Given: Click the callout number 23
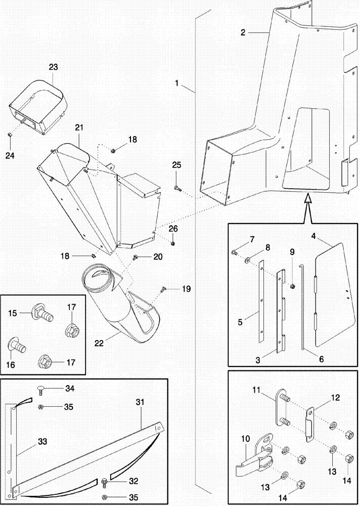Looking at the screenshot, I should (54, 67).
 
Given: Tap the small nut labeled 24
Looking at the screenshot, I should (10, 134).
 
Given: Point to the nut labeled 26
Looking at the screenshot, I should (173, 243).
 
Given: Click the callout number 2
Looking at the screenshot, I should (243, 33).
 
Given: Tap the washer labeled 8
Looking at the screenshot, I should (249, 261).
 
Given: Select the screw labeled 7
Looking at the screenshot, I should (235, 251).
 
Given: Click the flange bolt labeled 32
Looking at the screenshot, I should (105, 480).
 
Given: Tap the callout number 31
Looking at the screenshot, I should (140, 402).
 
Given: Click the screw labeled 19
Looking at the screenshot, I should (163, 290).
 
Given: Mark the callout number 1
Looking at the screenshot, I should (177, 83).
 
